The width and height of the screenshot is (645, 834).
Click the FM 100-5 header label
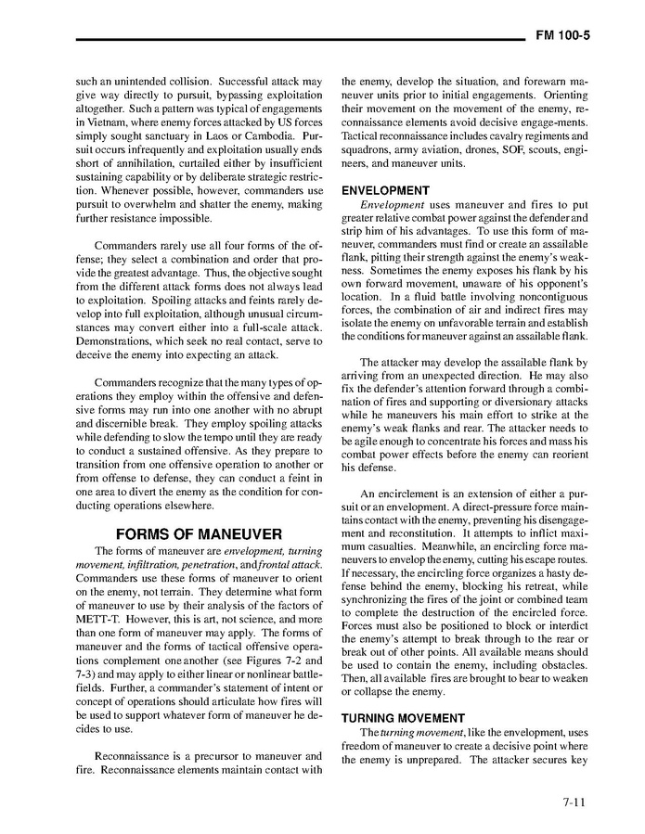563,37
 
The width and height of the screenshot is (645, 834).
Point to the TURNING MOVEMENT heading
403,718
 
